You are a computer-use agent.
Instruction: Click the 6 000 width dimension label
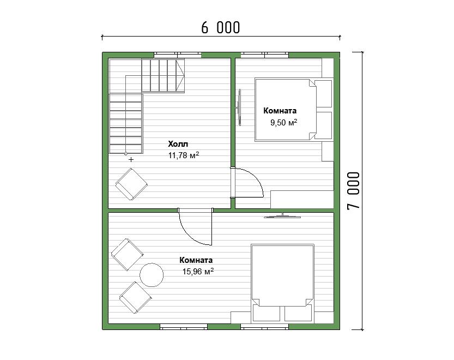point(221,28)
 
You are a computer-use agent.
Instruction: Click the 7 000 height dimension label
point(354,190)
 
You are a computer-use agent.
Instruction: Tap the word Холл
point(178,144)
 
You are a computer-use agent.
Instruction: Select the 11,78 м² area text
point(184,155)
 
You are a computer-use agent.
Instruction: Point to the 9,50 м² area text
point(284,123)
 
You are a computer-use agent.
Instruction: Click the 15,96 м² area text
point(198,272)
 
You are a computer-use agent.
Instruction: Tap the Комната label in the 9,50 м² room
point(280,111)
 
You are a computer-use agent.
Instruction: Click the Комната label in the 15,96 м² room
point(196,260)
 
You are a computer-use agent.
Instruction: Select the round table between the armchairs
point(152,275)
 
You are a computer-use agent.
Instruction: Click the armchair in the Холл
point(131,184)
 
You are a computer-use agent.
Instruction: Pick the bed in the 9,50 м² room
point(294,110)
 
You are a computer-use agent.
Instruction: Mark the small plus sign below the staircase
point(131,159)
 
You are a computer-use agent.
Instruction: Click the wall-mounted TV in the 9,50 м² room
point(239,107)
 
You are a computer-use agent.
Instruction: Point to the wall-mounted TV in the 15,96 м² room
point(282,216)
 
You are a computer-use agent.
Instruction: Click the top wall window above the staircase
point(178,55)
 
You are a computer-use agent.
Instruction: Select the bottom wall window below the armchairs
point(184,327)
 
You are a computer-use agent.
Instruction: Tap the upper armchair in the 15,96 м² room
point(128,255)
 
